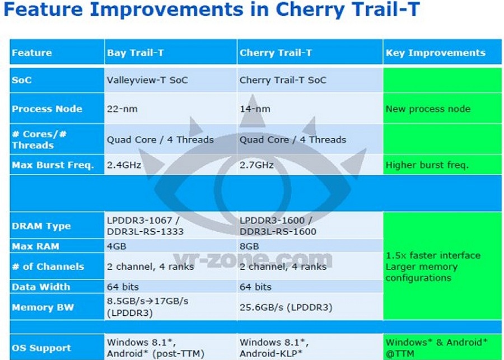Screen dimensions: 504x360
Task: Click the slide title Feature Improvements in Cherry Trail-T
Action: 211,9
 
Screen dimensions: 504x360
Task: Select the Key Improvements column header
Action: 436,53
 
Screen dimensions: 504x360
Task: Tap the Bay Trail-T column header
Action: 136,53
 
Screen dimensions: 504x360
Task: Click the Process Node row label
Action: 47,109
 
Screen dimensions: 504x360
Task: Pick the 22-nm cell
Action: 122,109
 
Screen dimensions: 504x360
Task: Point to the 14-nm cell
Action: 255,109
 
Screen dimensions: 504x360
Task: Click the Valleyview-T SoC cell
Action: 147,80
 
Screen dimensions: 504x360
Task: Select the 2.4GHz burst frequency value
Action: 124,165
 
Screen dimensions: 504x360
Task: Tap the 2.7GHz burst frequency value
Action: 256,165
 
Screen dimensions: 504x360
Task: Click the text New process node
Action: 428,109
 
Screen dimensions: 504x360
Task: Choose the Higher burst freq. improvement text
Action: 427,165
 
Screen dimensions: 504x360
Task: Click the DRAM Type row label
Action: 41,226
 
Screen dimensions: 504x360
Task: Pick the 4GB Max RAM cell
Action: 116,246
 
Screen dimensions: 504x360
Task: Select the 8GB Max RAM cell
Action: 249,246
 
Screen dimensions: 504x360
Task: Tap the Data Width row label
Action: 41,287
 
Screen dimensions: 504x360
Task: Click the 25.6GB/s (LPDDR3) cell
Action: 286,307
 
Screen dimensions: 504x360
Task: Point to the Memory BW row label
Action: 43,307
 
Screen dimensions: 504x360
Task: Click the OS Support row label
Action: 41,348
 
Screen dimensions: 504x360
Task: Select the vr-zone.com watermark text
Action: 253,259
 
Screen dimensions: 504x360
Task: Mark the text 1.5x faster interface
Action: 433,255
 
